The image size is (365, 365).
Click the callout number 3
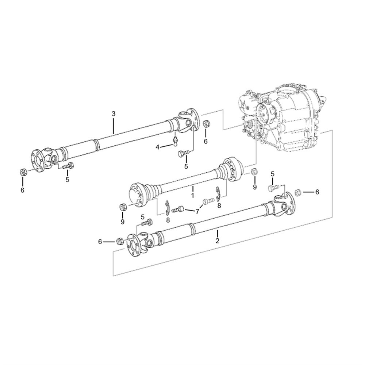pyautogui.click(x=114, y=114)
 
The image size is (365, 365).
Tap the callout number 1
pyautogui.click(x=192, y=195)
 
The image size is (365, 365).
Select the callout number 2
pyautogui.click(x=218, y=241)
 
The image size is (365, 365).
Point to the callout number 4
pyautogui.click(x=158, y=147)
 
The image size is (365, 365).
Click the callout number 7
pyautogui.click(x=197, y=212)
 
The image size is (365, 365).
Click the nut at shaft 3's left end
pyautogui.click(x=23, y=172)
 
